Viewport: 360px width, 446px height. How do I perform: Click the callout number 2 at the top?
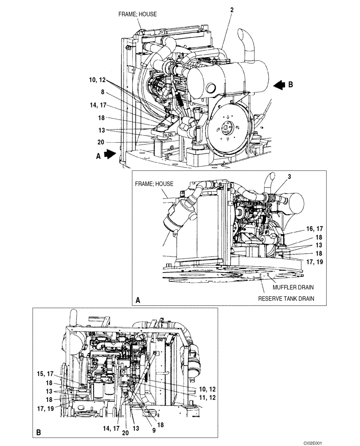coord(232,9)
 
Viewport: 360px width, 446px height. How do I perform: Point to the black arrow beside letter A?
coord(110,154)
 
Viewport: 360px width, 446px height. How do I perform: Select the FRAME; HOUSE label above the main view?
coord(137,14)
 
